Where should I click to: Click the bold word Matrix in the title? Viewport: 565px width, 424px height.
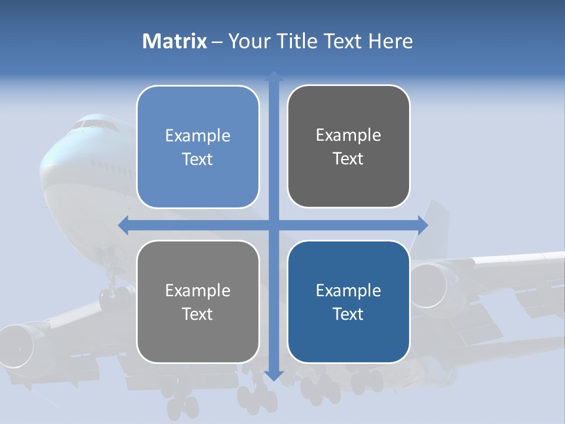click(174, 41)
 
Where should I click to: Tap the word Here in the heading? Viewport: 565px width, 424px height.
click(390, 41)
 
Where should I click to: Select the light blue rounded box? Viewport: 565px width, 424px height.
click(198, 147)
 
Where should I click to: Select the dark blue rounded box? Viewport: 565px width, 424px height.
click(348, 302)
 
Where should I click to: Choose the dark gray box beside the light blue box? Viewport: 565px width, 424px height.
click(348, 146)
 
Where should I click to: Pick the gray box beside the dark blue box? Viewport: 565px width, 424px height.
click(198, 302)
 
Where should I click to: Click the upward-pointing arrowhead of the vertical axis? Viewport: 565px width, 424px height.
click(274, 76)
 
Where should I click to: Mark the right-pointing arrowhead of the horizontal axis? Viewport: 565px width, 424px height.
click(423, 224)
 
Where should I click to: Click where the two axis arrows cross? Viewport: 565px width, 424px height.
click(274, 224)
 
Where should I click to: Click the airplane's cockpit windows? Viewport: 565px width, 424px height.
click(94, 125)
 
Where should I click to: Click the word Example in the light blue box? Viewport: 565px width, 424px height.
click(198, 135)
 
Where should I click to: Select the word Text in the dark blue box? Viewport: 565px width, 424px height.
click(348, 314)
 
